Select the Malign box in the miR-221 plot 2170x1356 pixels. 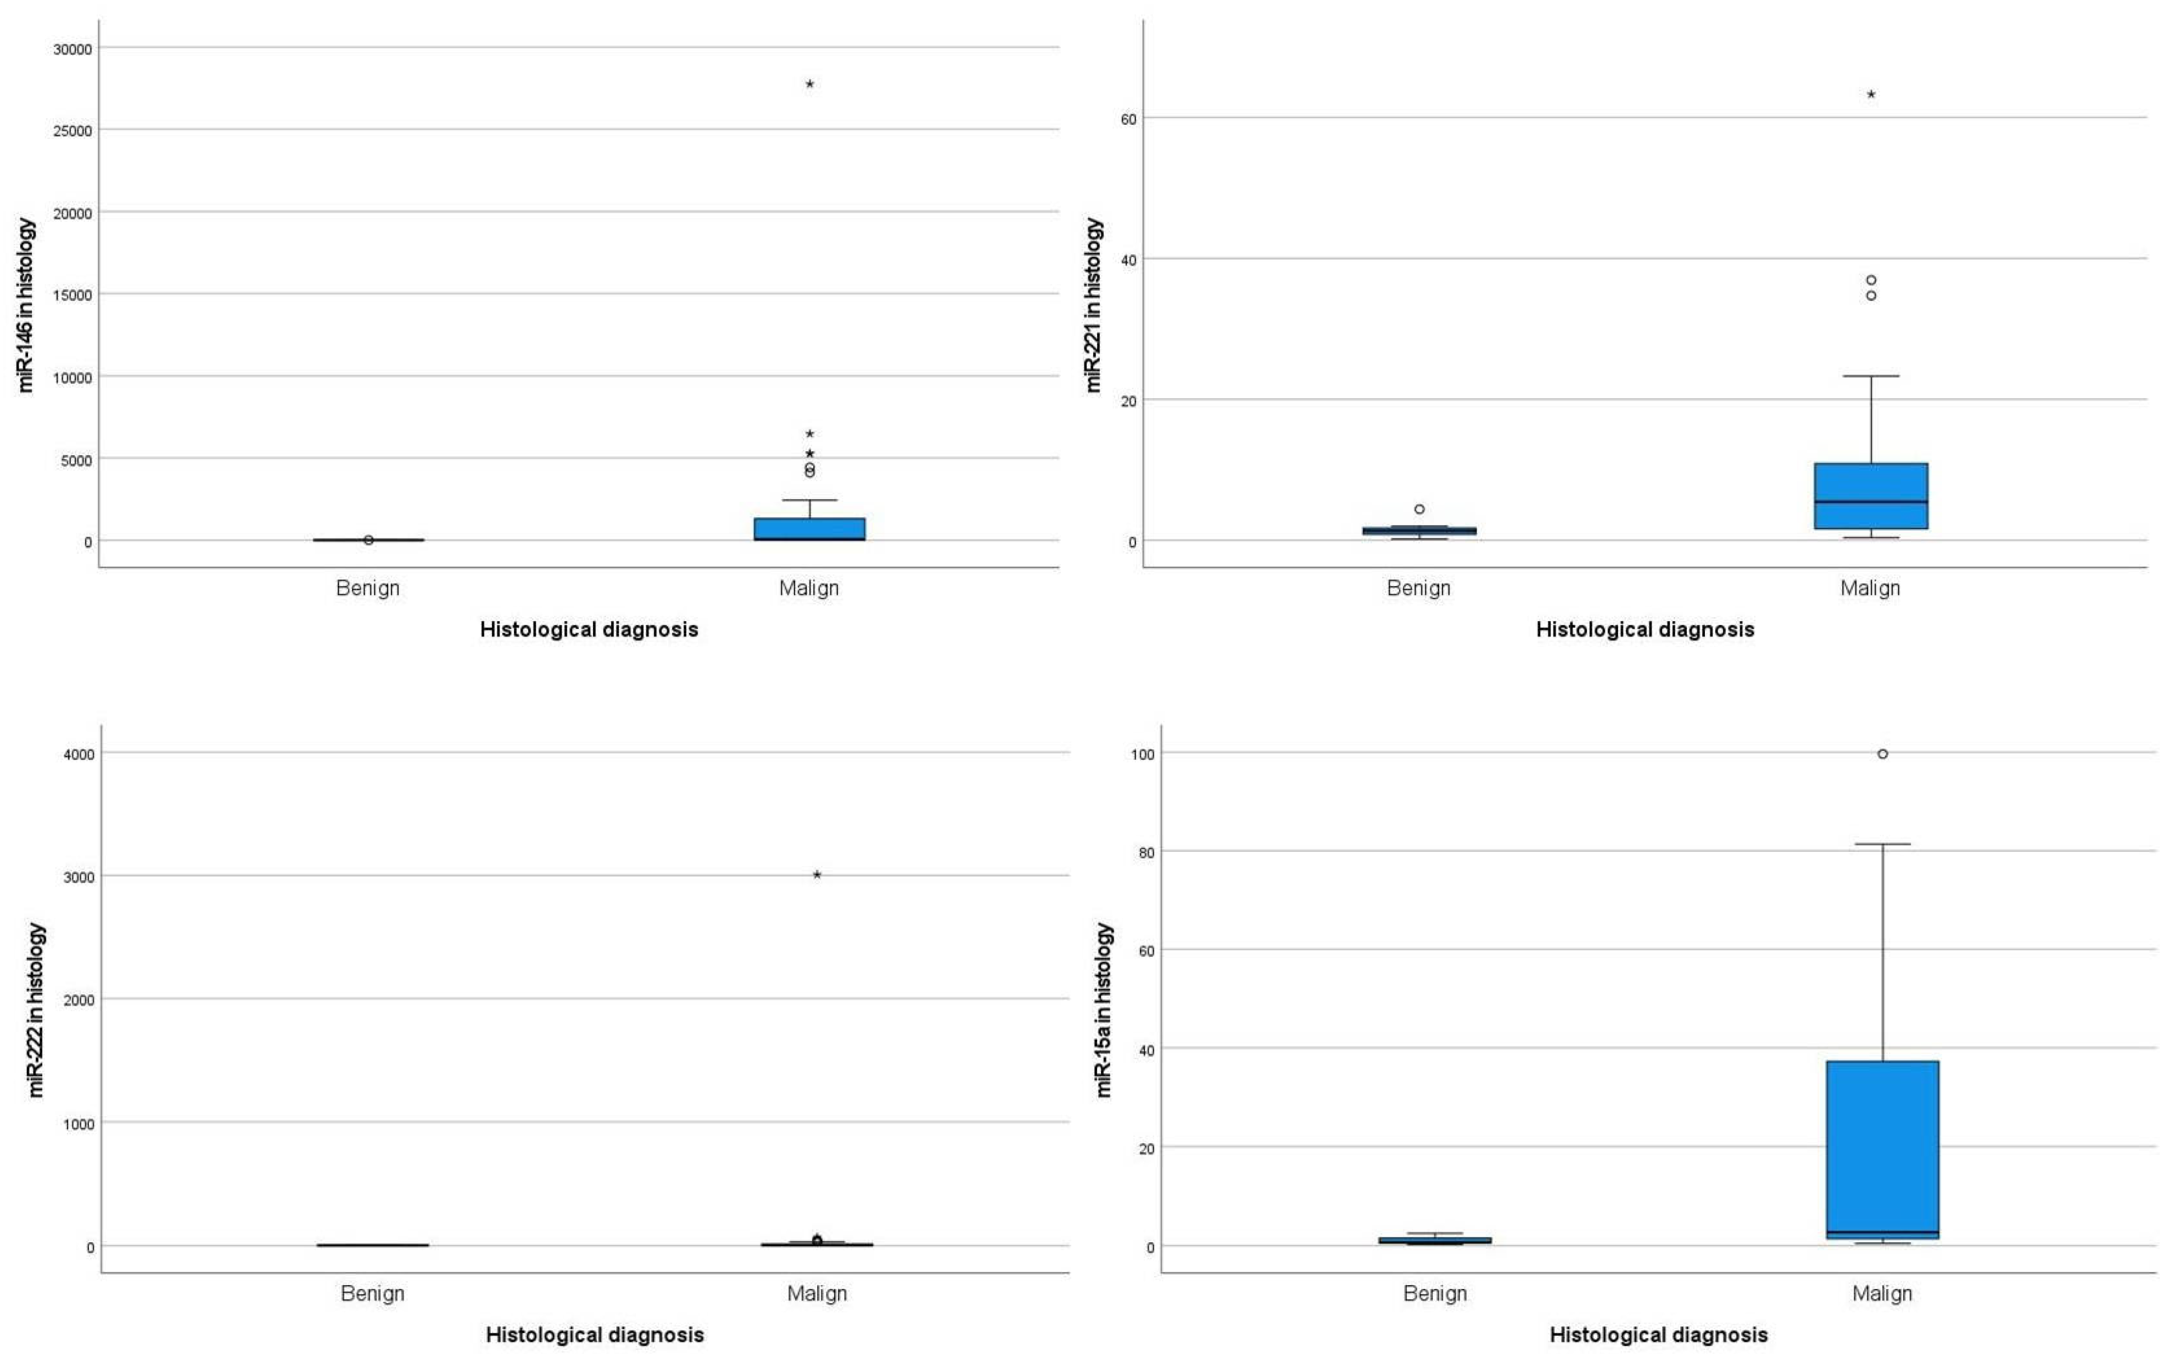[x=1871, y=496]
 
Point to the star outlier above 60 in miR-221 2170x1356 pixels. [x=1871, y=94]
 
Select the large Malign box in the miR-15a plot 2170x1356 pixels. [x=1882, y=1148]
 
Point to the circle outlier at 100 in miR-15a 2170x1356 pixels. [x=1882, y=754]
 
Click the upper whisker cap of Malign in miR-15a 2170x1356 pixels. [x=1882, y=844]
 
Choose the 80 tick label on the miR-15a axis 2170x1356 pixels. [x=1142, y=851]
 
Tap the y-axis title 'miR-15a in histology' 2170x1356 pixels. [x=1105, y=1009]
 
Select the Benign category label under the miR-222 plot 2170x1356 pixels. [x=372, y=1293]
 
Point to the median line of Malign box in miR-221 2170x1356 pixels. [x=1871, y=501]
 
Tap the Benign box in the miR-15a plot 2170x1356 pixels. [x=1435, y=1240]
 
